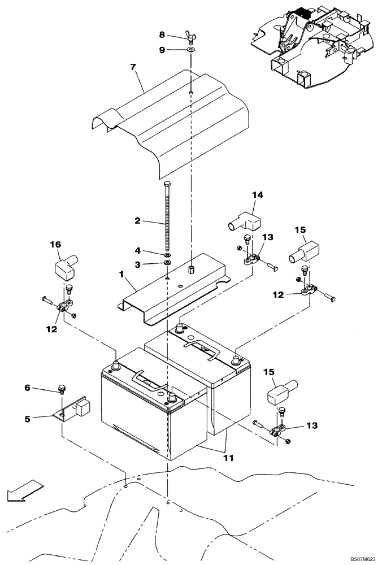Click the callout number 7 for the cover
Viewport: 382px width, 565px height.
133,67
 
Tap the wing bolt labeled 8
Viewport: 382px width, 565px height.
191,38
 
